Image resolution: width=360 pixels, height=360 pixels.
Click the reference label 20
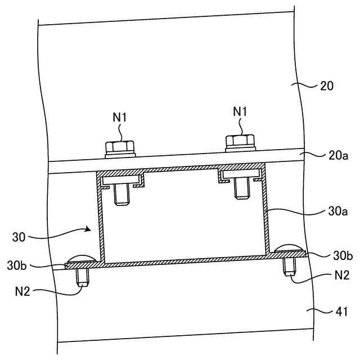coord(327,86)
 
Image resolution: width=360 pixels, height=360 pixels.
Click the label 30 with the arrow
coord(19,236)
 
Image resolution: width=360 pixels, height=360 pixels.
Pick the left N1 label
coord(119,118)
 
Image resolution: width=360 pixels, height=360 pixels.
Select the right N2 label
coord(341,276)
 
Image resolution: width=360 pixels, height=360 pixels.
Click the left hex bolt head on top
coord(120,147)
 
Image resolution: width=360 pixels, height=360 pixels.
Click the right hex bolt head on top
coord(240,142)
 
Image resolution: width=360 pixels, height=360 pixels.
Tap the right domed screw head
coord(289,248)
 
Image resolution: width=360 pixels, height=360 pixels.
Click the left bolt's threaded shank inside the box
coord(121,195)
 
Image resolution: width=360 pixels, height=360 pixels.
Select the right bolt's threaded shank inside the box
coord(242,188)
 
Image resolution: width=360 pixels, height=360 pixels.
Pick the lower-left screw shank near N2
coord(82,276)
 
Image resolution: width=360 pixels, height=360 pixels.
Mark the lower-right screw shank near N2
coord(291,265)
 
